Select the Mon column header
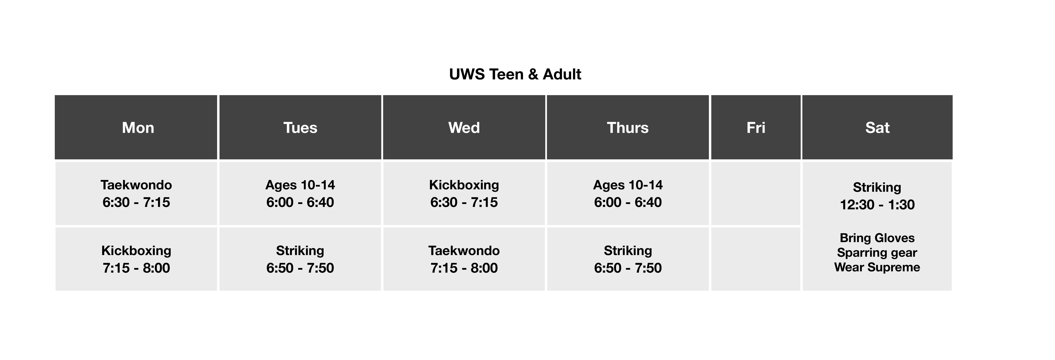coord(136,127)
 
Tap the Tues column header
coord(300,127)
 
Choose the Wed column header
coord(464,127)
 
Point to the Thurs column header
coord(628,127)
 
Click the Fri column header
coord(756,127)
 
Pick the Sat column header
coord(877,127)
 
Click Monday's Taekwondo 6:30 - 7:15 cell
coord(136,193)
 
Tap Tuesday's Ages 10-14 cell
coord(300,193)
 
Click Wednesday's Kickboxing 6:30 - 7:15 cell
coord(464,193)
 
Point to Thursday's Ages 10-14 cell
coord(628,193)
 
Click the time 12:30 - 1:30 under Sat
coord(877,204)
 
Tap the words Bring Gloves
coord(877,238)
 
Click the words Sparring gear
coord(877,253)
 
